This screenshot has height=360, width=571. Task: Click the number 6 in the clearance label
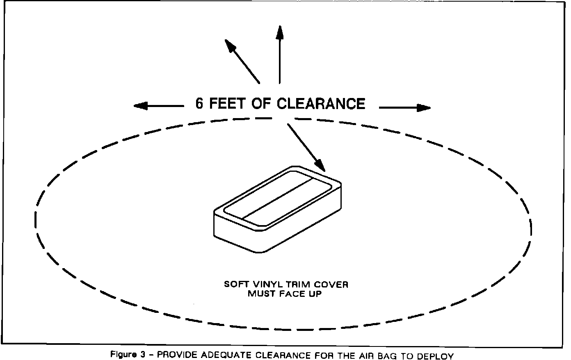199,104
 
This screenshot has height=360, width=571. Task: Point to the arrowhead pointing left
139,106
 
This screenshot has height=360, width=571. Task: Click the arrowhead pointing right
425,108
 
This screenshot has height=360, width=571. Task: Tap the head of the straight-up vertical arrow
280,32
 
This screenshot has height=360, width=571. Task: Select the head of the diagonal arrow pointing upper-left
230,44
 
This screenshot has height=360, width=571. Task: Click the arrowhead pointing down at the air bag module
321,166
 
